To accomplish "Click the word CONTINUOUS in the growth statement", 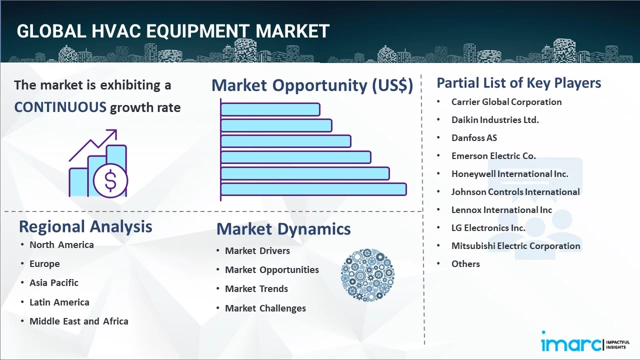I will pos(60,107).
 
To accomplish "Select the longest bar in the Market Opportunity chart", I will pos(313,189).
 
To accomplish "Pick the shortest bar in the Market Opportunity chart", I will pos(270,109).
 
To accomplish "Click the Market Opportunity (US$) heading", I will pos(312,85).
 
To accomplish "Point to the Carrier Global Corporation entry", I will pos(506,102).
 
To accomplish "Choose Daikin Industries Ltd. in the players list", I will pos(494,120).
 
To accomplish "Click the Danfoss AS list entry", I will pos(473,138).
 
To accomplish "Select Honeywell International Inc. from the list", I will pos(509,174).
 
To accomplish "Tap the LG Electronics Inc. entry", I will pos(488,228).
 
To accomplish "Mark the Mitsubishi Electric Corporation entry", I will pos(515,246).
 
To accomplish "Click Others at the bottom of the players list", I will pos(465,264).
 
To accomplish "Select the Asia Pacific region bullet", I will pos(53,283).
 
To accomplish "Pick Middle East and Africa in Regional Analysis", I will pos(78,321).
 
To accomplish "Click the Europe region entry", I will pos(44,264).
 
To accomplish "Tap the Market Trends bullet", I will pos(256,289).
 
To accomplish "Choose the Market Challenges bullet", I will pos(265,308).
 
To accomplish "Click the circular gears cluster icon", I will pos(367,275).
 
